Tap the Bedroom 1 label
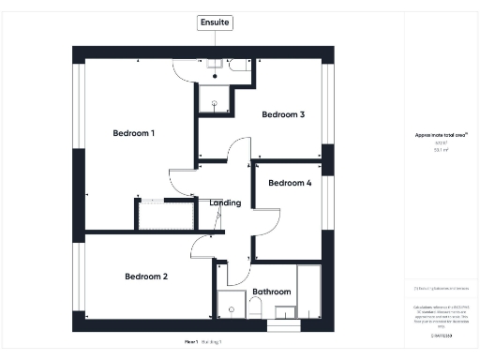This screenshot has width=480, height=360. coord(133,133)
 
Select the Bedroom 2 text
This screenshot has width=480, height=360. coord(146,277)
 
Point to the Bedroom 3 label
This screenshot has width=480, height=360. coord(283,115)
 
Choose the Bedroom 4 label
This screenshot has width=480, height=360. coord(290,184)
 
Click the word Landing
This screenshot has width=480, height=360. coord(226,202)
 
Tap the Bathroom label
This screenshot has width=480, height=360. coord(272,292)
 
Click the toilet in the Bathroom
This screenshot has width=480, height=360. coord(256,308)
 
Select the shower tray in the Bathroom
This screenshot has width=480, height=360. coord(230,305)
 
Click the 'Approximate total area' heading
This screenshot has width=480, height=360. coord(442,135)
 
